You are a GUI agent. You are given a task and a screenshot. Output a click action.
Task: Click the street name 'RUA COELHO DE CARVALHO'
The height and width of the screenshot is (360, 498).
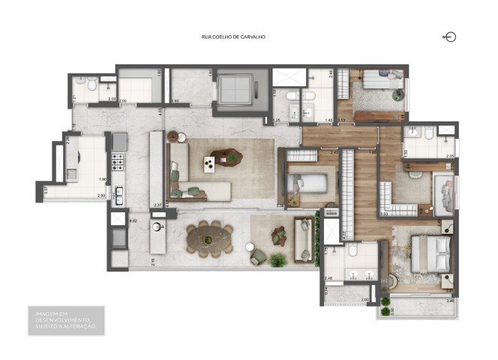point(234,37)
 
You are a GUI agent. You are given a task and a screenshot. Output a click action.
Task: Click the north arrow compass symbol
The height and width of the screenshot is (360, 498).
point(450,37)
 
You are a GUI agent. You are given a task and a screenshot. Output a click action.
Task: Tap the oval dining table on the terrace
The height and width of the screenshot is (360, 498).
point(209,239)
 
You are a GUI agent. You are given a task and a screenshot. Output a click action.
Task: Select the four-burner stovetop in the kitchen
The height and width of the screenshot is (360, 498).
point(118,160)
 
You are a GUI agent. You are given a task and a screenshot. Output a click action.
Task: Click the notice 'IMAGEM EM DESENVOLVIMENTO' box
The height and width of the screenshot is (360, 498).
point(64,319)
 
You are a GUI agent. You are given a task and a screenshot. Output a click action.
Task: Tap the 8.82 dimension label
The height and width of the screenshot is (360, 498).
point(133,220)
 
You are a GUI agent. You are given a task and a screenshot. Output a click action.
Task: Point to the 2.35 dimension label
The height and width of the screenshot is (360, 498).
point(449,156)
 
